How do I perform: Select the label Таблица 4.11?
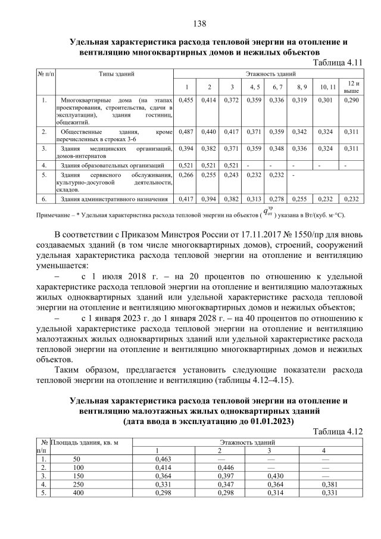click(x=337, y=62)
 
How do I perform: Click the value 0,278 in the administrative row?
click(x=277, y=199)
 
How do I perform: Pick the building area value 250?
click(x=76, y=485)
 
